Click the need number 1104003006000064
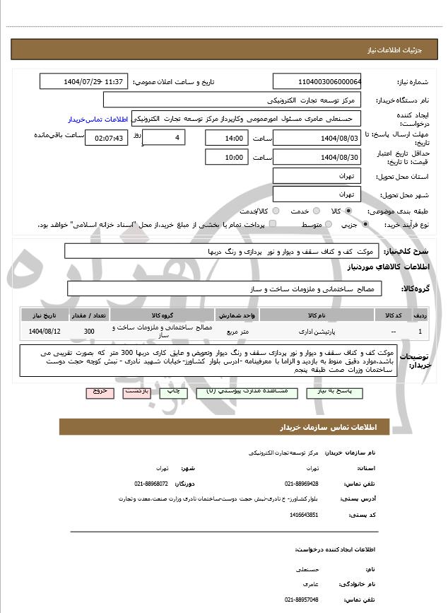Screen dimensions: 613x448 (317, 81)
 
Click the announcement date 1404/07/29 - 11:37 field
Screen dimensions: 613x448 (83, 81)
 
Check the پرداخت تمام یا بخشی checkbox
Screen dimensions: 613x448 (273, 225)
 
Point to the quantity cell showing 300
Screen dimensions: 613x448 (89, 330)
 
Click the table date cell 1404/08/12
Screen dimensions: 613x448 (45, 330)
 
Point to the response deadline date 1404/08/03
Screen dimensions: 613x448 (317, 138)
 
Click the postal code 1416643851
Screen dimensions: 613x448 (304, 515)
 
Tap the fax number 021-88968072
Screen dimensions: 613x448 (151, 484)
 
